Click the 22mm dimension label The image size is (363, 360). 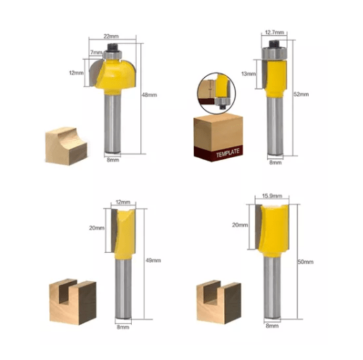pos(111,37)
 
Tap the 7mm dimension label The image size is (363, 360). pos(97,52)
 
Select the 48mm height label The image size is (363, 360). pos(149,95)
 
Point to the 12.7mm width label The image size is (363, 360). pos(274,32)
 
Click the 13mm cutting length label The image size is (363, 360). pos(249,74)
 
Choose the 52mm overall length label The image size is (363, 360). pos(301,94)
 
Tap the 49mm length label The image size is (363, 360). pos(153,261)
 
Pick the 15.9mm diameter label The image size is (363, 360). pos(272,196)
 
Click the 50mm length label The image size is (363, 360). pos(305,262)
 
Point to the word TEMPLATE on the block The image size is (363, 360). pos(228,153)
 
